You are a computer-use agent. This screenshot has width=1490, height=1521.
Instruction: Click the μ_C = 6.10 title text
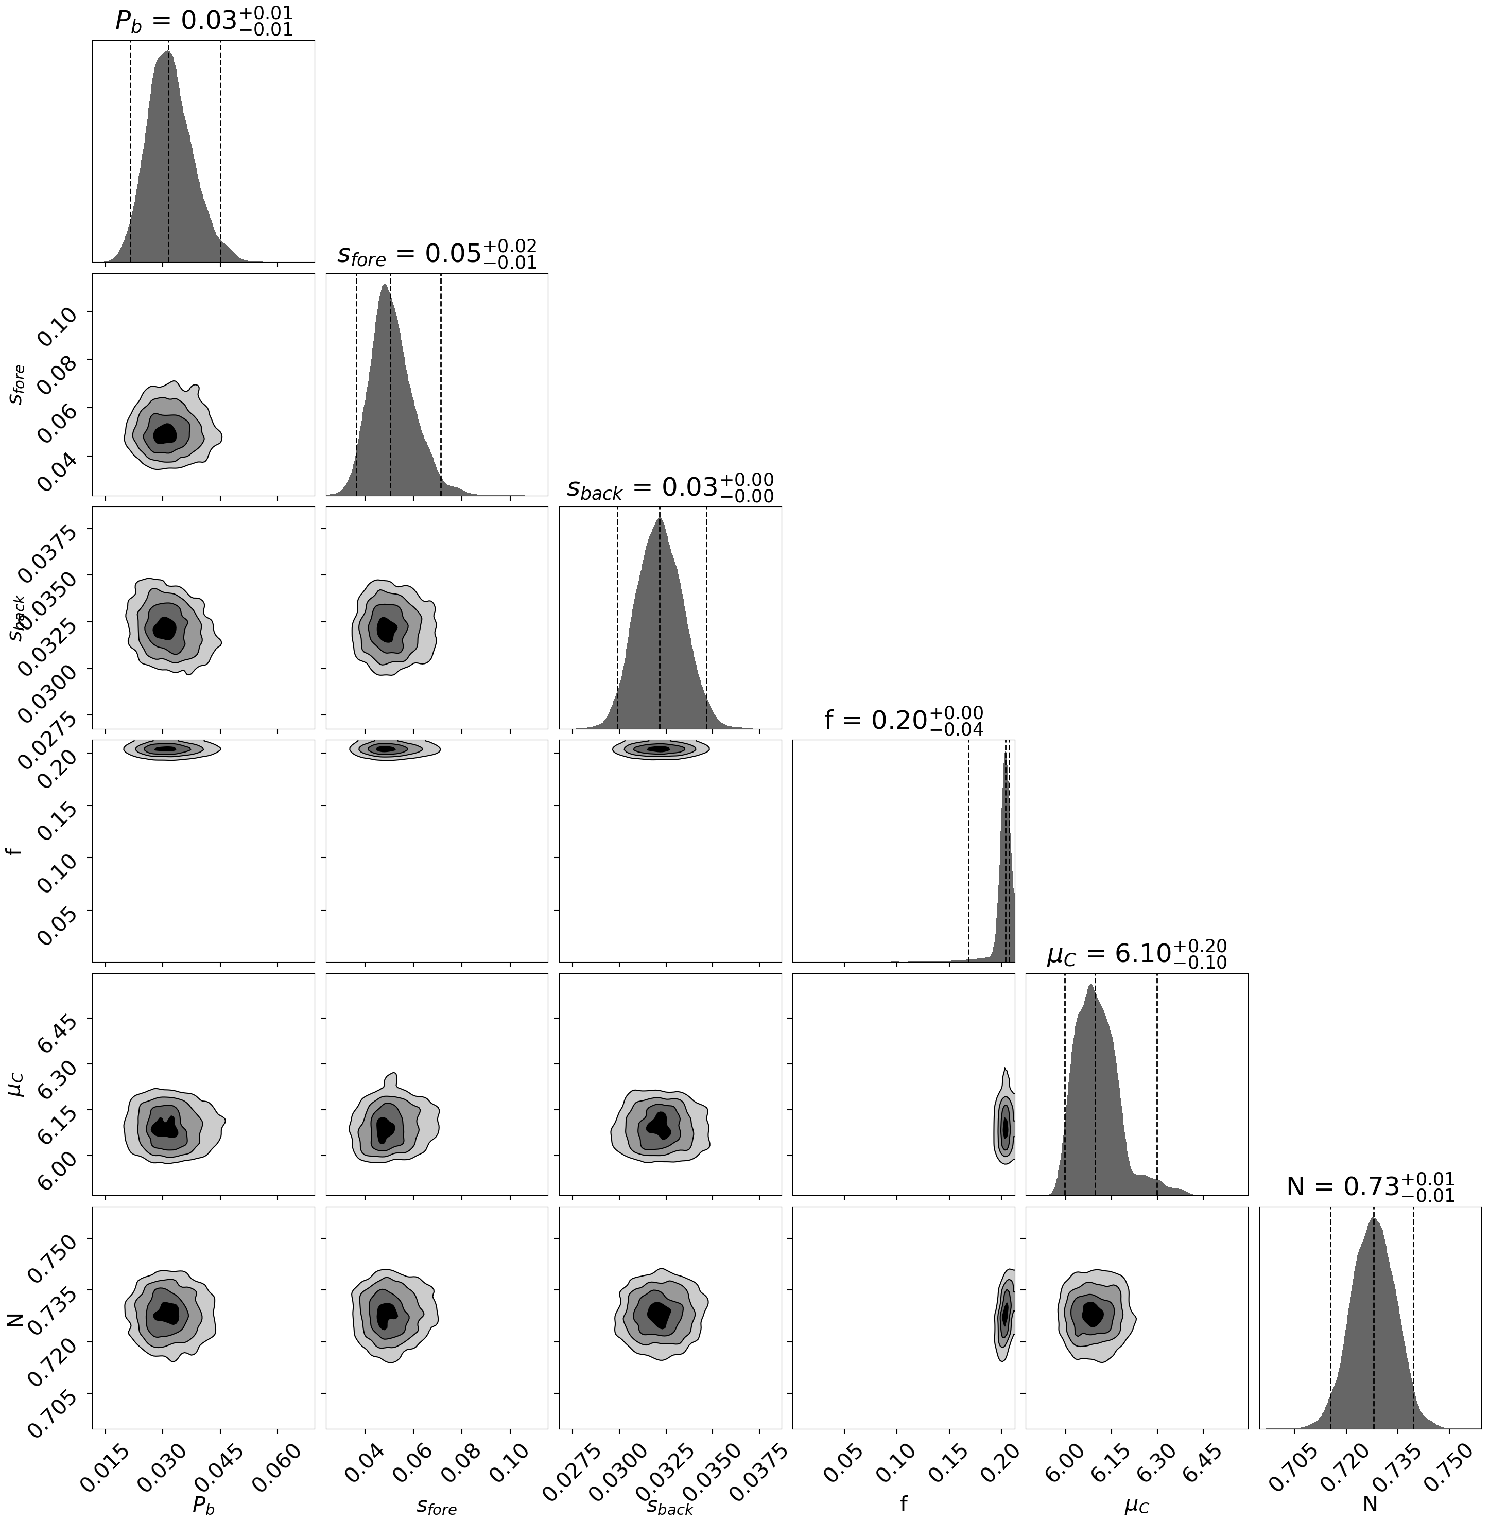coord(1136,954)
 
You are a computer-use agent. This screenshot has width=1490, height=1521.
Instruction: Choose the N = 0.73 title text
coord(1370,1187)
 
